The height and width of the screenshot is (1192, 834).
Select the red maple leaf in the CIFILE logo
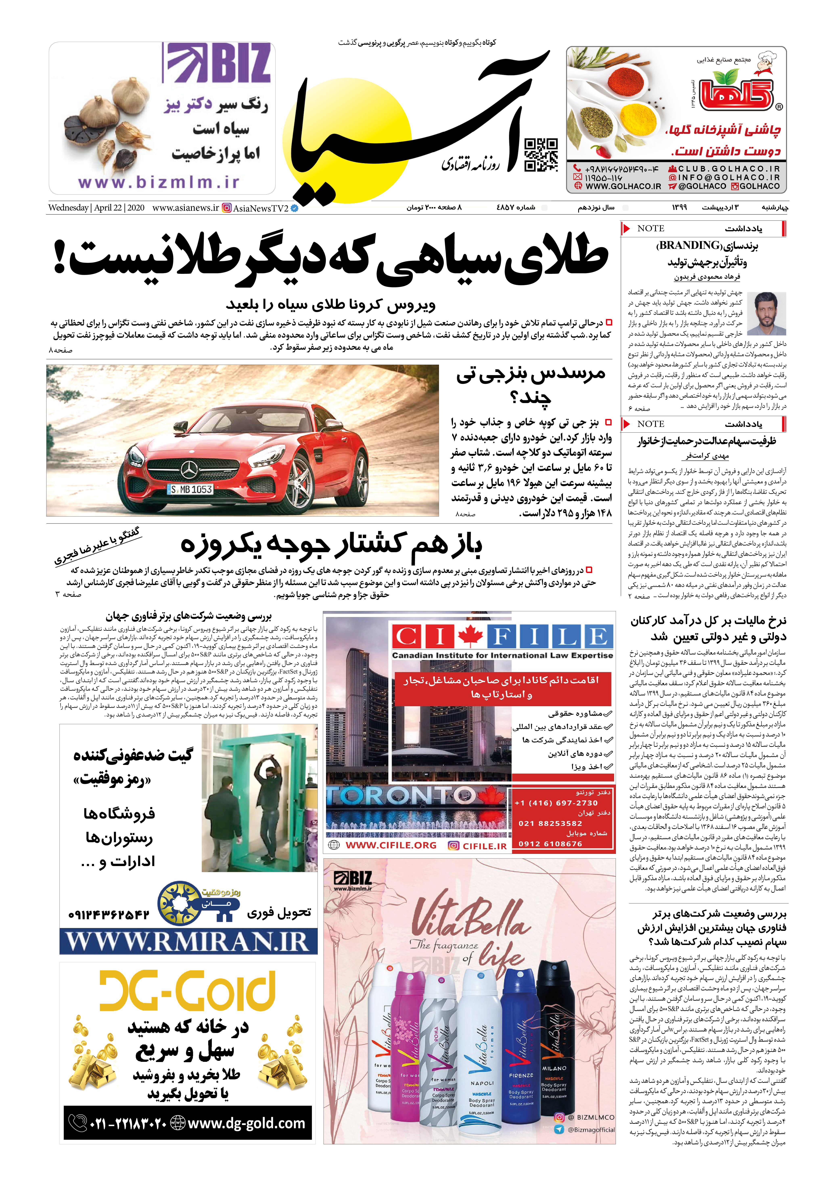point(470,636)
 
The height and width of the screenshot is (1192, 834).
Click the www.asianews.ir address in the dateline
point(185,208)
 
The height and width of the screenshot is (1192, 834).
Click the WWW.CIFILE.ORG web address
point(391,845)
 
